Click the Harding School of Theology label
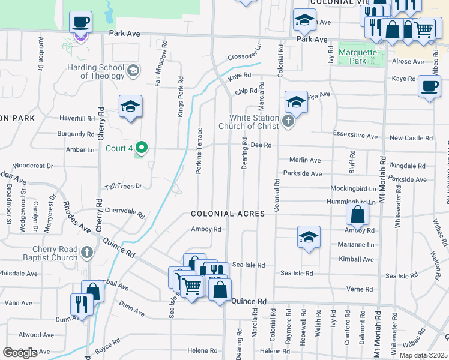pos(95,71)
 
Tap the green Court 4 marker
pos(142,146)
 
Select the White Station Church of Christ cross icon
pos(288,122)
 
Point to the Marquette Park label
pos(358,56)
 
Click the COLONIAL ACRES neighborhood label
pos(228,214)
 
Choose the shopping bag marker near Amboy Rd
pos(357,215)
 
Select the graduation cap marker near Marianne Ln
pos(309,238)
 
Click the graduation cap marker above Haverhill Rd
pos(130,107)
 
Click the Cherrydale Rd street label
pos(125,212)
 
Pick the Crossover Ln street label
pos(245,53)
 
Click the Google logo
pos(20,352)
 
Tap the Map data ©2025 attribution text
pos(423,355)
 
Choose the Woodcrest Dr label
pos(33,165)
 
